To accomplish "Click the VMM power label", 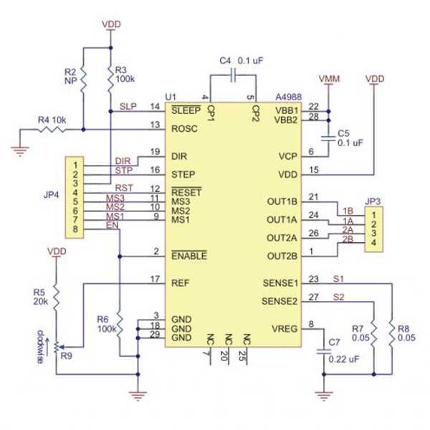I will (x=328, y=78).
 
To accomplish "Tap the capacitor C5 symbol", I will (x=328, y=135).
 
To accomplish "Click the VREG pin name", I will (x=286, y=329).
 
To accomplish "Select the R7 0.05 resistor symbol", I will (x=374, y=333).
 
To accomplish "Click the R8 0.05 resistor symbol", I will (x=392, y=333).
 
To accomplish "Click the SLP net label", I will (x=128, y=106).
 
